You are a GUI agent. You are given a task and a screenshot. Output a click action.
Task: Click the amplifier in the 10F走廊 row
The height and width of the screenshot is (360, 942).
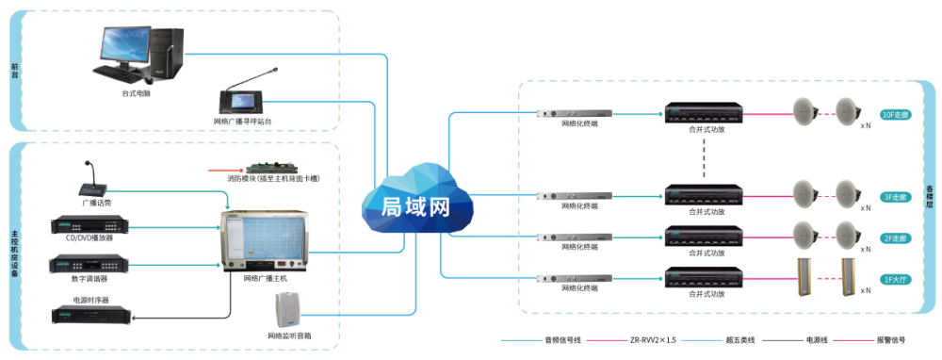point(704,114)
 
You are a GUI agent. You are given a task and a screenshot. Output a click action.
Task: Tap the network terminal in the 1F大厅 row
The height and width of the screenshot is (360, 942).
point(574,278)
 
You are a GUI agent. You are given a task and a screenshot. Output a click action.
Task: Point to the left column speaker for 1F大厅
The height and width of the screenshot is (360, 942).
point(804,277)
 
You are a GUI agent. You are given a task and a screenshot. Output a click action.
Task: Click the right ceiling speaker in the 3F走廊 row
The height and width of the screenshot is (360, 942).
point(845,193)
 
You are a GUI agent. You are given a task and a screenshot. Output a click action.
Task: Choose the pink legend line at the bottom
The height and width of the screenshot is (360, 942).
point(607,340)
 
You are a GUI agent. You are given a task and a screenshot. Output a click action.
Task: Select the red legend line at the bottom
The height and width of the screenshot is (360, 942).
point(853,340)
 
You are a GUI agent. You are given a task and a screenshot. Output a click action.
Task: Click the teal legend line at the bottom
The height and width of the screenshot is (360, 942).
point(521,340)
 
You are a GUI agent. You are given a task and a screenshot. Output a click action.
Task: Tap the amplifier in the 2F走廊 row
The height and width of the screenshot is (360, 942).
point(704,236)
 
